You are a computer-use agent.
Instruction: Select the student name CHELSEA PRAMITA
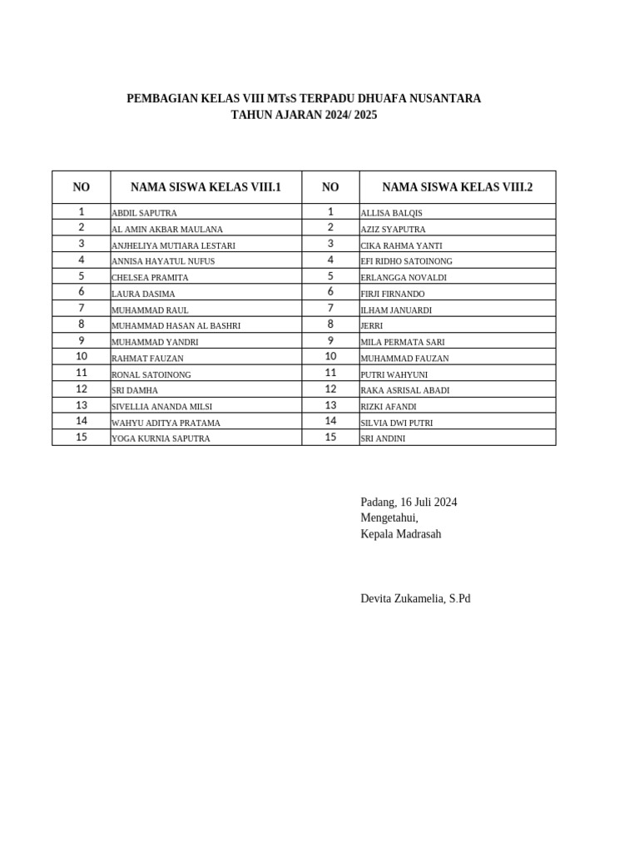150,278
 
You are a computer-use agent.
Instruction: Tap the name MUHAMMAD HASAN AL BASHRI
176,326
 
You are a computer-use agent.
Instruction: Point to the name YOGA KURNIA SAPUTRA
161,438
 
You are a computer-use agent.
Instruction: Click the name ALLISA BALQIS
391,213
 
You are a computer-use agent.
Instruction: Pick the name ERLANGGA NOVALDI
404,278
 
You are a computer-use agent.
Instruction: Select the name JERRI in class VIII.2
371,326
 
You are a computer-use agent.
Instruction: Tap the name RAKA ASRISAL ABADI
405,390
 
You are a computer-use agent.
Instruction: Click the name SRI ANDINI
383,438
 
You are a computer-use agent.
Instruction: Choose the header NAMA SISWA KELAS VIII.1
206,187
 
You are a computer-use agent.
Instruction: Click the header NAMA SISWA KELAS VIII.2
457,187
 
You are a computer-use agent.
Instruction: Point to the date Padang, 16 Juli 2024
409,502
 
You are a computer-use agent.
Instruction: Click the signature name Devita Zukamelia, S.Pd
415,598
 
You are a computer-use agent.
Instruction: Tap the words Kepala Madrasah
400,534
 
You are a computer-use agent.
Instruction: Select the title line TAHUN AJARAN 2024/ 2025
304,115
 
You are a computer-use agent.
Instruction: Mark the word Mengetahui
389,518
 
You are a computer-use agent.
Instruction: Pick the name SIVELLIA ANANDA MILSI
161,407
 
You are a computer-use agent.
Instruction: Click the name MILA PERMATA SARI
403,342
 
